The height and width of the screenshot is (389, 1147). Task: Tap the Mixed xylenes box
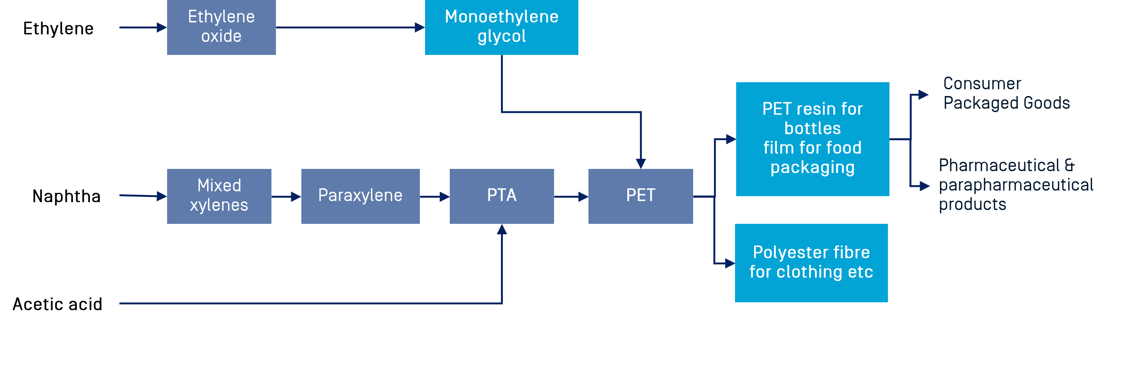[x=219, y=196]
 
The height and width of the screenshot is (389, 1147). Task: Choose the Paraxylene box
[x=360, y=196]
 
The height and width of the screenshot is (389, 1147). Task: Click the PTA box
[x=501, y=196]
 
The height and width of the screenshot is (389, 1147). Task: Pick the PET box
[x=640, y=196]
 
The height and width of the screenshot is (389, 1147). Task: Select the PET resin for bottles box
[x=813, y=139]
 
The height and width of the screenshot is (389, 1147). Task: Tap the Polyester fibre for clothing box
[x=811, y=263]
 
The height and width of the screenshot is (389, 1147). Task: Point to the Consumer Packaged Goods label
[x=1006, y=93]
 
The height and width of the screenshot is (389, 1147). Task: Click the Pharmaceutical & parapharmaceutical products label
[x=1015, y=185]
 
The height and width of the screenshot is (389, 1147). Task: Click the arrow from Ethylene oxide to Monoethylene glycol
[x=350, y=27]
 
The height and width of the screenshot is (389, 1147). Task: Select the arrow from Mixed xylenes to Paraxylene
[x=286, y=196]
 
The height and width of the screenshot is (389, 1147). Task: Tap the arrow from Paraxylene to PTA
[x=434, y=196]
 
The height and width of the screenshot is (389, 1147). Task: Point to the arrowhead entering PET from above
[x=641, y=163]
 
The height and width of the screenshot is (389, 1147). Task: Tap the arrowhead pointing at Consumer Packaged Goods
[x=923, y=95]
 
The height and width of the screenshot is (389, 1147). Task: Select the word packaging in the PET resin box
[x=813, y=167]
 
